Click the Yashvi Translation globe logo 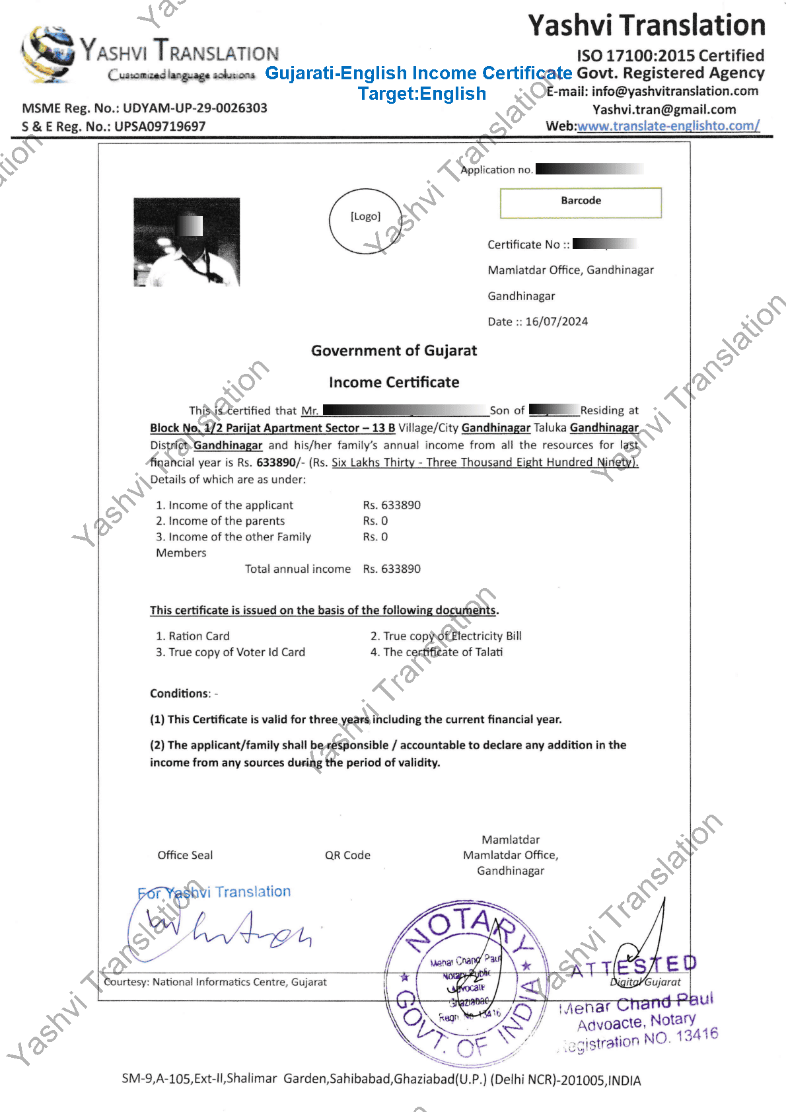(x=48, y=54)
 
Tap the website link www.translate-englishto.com (x=668, y=126)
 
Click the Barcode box (x=581, y=202)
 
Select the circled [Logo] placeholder (x=365, y=221)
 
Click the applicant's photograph (x=186, y=242)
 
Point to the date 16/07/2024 (x=556, y=322)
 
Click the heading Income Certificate (x=394, y=382)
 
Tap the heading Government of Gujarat (x=394, y=350)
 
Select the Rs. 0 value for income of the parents (x=375, y=521)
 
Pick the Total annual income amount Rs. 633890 (x=392, y=569)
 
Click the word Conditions (x=179, y=693)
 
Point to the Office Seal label (x=185, y=855)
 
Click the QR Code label (x=347, y=855)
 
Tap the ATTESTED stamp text (x=633, y=967)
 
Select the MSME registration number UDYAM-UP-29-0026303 (x=195, y=108)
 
